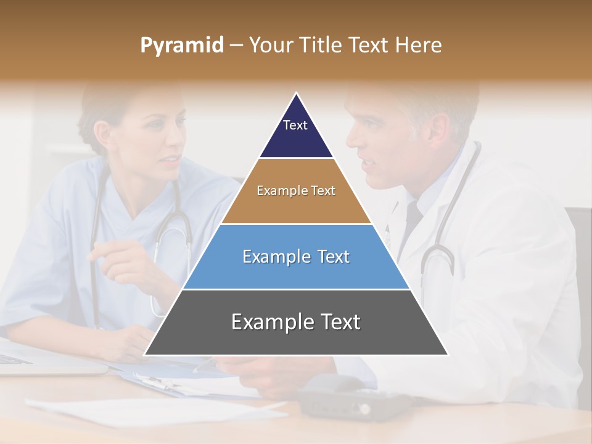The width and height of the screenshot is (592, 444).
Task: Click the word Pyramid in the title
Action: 181,46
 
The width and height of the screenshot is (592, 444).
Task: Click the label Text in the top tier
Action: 295,125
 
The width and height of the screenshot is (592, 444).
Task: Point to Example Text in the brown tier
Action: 296,191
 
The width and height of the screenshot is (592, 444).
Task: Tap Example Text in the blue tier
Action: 296,257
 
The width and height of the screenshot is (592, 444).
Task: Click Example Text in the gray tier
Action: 296,322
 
